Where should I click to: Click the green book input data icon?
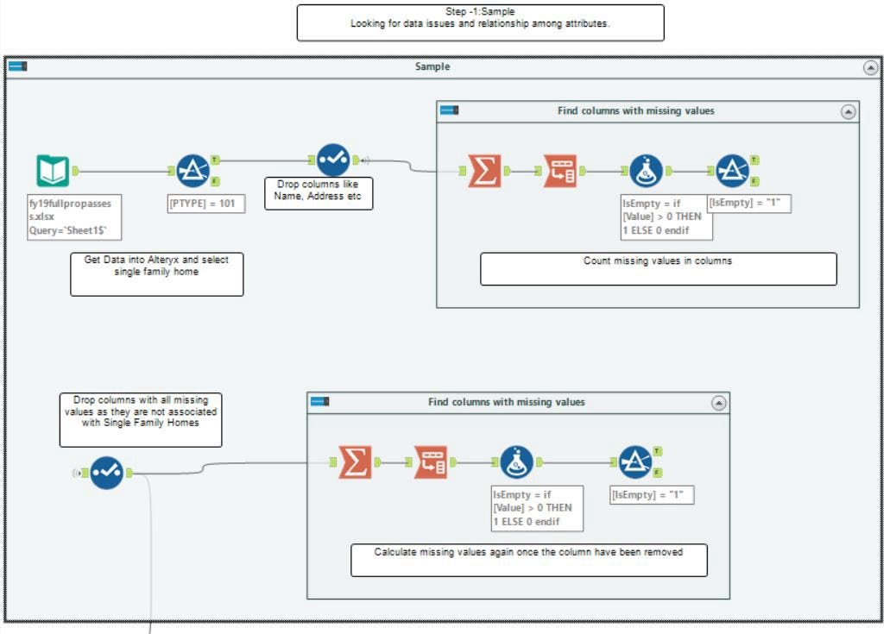[54, 171]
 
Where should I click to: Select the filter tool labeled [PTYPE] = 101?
[192, 171]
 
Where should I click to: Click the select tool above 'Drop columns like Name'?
[333, 160]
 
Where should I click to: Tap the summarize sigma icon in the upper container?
[484, 171]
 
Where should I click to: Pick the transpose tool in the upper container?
[560, 171]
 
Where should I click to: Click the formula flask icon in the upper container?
[647, 171]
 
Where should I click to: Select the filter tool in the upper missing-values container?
[733, 171]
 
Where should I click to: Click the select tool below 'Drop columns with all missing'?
[106, 473]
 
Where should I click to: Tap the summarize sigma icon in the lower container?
[355, 462]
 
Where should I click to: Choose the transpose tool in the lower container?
[430, 462]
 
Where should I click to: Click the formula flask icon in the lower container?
[516, 462]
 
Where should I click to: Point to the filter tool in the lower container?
[635, 462]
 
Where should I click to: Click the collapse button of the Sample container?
[870, 68]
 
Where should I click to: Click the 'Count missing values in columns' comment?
[659, 269]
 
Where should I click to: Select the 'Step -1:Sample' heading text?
[480, 11]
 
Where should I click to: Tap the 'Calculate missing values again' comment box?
[529, 561]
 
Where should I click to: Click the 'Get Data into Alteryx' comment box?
[156, 274]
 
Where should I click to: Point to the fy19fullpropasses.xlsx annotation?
[74, 217]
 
